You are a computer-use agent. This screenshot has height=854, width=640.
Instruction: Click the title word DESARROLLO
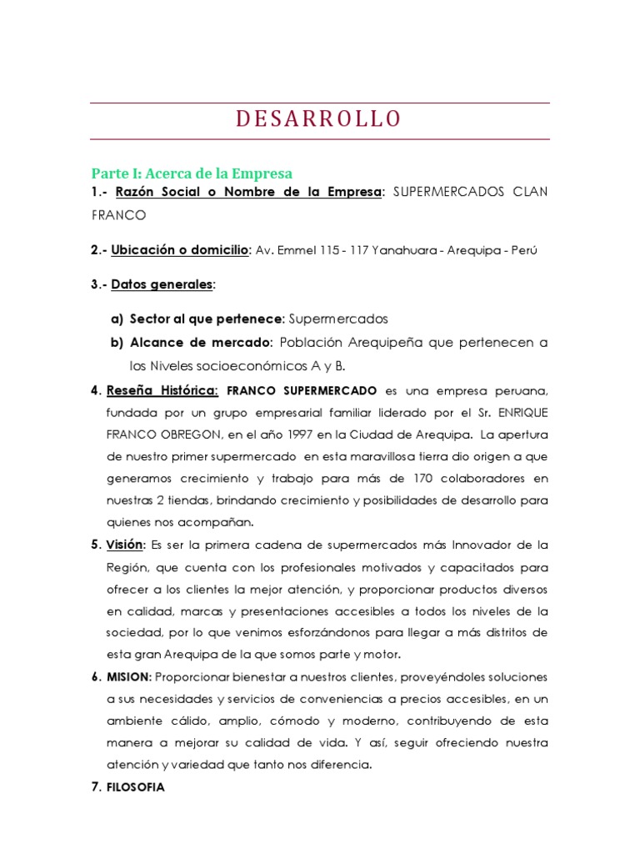[x=319, y=119]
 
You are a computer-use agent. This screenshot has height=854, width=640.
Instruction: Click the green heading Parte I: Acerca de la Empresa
[x=192, y=174]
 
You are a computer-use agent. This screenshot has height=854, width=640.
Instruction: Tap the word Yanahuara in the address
[x=402, y=250]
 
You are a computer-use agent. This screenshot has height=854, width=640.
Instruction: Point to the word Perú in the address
[x=526, y=250]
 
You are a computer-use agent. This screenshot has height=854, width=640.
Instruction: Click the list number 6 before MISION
[x=95, y=676]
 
